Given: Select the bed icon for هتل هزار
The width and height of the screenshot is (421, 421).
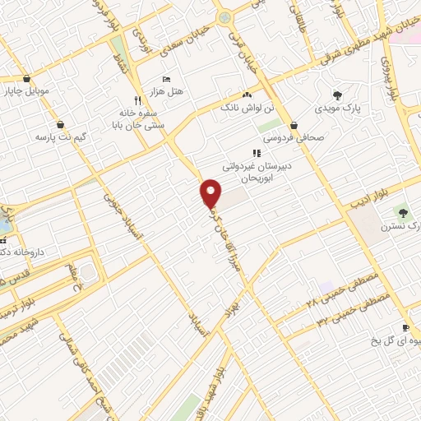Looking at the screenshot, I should (167, 80).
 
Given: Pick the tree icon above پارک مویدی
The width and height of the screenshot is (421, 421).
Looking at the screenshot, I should (336, 95).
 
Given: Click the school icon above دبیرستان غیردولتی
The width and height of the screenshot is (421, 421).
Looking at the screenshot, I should (257, 152).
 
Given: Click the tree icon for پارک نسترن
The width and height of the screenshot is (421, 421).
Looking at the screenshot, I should (402, 213).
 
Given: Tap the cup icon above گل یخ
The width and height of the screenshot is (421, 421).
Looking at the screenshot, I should (405, 327).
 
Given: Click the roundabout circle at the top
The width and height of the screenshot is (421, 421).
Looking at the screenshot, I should (224, 17).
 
